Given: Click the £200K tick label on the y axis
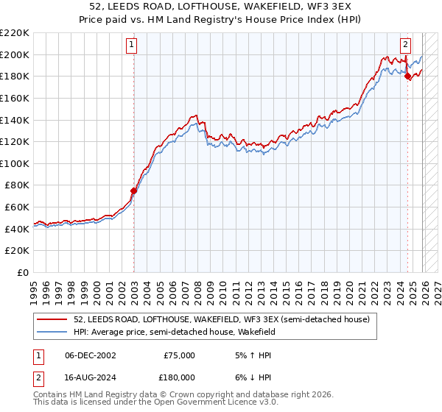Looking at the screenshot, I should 15,54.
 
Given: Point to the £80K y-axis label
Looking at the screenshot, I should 17,185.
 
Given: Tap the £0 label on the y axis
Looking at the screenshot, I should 22,273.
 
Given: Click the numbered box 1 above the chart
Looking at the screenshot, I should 133,45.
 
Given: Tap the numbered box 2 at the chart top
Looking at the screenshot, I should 406,45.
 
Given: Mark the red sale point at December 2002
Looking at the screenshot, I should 133,191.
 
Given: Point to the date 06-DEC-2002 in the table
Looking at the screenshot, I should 91,355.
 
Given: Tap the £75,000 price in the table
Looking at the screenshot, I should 180,355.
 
